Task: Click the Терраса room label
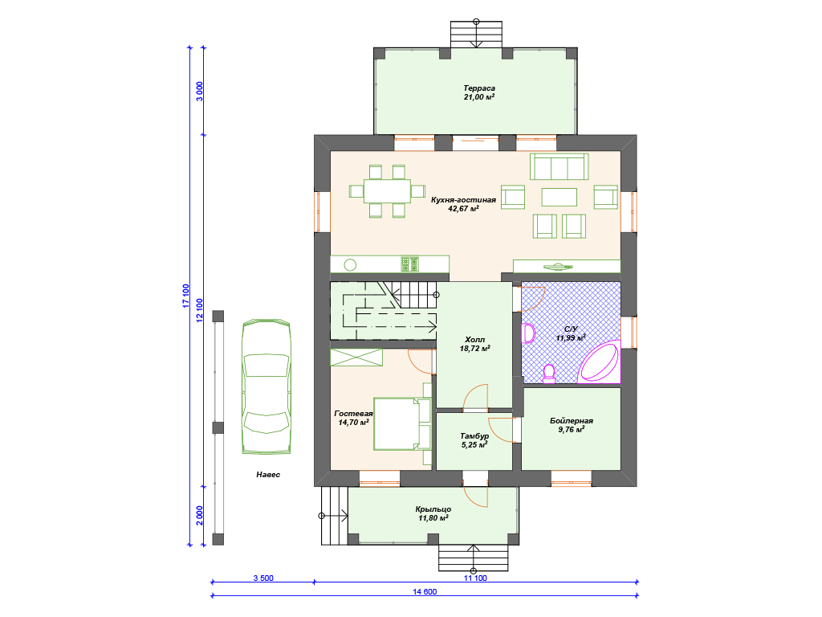click(479, 88)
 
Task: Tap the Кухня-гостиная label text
click(463, 200)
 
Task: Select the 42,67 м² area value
click(463, 208)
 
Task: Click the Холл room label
click(475, 340)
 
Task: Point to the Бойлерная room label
click(572, 421)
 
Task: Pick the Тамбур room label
click(474, 436)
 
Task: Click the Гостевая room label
click(353, 414)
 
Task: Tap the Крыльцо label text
click(433, 509)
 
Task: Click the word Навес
click(268, 474)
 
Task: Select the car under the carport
click(267, 386)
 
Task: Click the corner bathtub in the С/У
click(600, 362)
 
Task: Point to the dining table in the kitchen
click(387, 191)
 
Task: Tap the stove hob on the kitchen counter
click(410, 264)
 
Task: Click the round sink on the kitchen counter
click(350, 265)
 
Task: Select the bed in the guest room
click(402, 424)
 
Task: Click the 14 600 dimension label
click(425, 592)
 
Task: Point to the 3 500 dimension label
click(263, 578)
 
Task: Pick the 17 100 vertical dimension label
click(185, 296)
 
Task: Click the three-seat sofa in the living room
click(559, 167)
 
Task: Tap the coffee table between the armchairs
click(559, 198)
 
